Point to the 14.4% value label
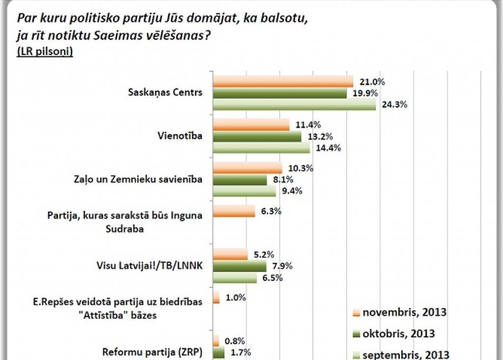pos(328,148)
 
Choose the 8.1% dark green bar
pos(240,180)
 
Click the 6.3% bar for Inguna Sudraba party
pos(234,211)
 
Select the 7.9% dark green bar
pos(239,266)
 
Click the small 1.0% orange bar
pos(216,298)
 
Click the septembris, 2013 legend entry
pos(400,355)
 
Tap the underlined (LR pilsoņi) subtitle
pos(45,52)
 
